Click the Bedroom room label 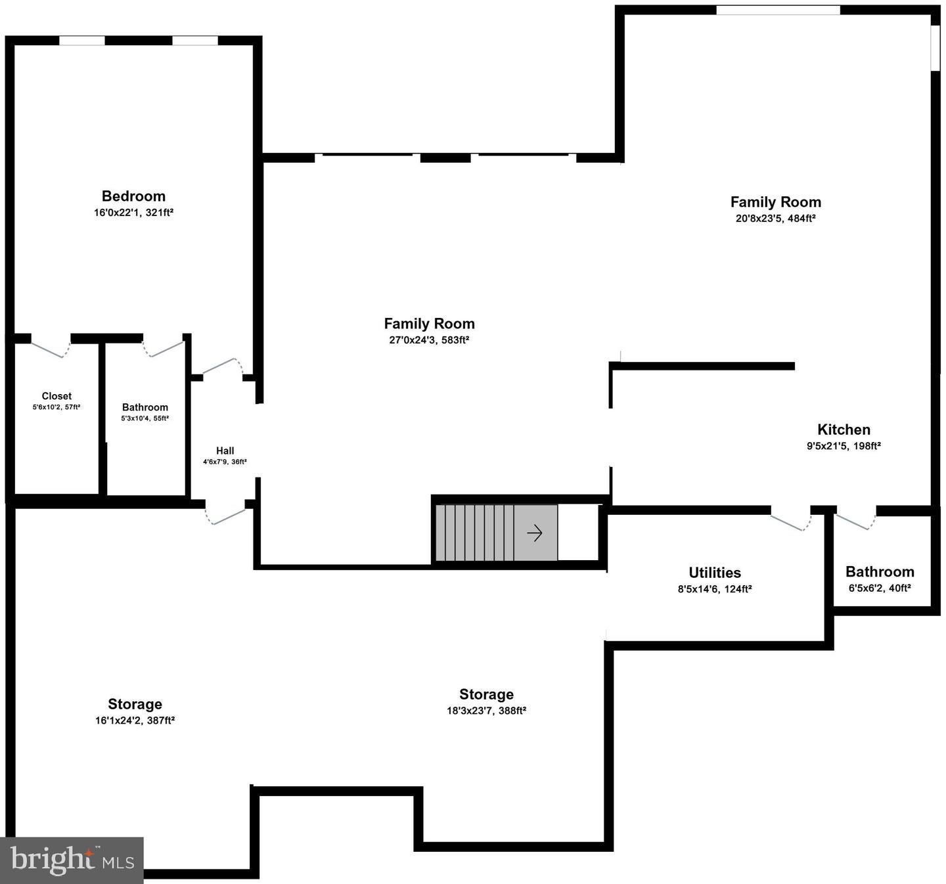pos(133,196)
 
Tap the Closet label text pos(56,396)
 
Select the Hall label pos(225,451)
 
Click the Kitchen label pos(844,430)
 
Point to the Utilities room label pos(715,572)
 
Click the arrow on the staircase pos(535,533)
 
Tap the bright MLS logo pos(72,860)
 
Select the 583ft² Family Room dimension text pos(429,340)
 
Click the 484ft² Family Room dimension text pos(775,219)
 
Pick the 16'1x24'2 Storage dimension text pos(135,720)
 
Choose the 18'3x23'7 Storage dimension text pos(486,711)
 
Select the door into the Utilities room pos(791,521)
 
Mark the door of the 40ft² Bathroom pos(855,520)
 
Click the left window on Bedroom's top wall pos(82,41)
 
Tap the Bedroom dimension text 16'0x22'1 pos(133,213)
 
